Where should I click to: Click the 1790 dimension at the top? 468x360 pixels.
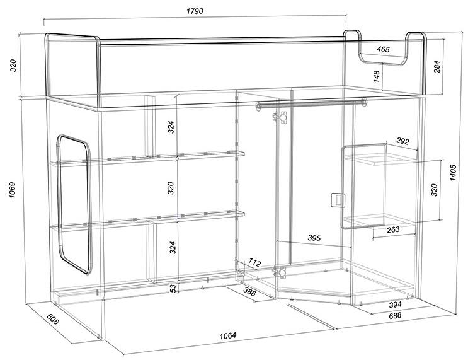click(195, 11)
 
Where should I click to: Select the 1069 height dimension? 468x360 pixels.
click(12, 190)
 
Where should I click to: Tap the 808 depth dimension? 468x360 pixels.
click(53, 320)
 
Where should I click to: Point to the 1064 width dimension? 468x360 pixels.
click(228, 335)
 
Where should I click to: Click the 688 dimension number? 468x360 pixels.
click(395, 315)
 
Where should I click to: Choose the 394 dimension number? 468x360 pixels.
click(395, 305)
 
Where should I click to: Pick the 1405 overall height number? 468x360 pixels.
click(453, 173)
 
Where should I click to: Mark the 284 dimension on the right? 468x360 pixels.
click(437, 67)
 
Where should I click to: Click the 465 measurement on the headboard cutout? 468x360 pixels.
click(383, 49)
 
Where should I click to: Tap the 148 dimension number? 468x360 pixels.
click(377, 76)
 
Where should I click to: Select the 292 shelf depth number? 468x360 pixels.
click(402, 141)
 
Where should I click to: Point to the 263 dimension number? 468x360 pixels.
click(393, 229)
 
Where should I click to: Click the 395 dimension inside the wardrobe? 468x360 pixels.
click(314, 238)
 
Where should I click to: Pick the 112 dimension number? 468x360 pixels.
click(254, 263)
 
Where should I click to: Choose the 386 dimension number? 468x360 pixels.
click(249, 291)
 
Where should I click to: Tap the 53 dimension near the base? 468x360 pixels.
click(173, 288)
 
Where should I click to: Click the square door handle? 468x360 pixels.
click(338, 200)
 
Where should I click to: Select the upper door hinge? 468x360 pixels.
click(281, 117)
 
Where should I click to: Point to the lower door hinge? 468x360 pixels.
click(280, 272)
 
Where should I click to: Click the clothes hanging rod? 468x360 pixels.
click(311, 103)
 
